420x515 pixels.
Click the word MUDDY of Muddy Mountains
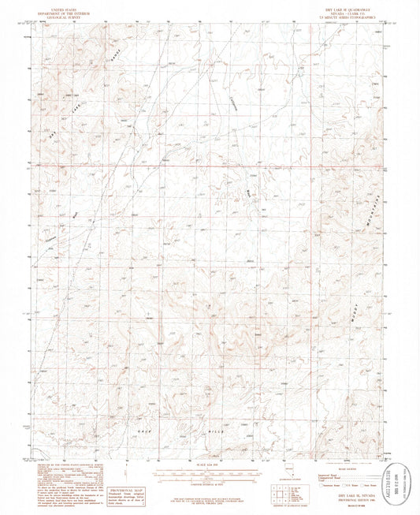pos(355,310)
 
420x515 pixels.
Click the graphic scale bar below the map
pos(210,473)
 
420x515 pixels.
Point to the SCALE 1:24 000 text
pos(210,464)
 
